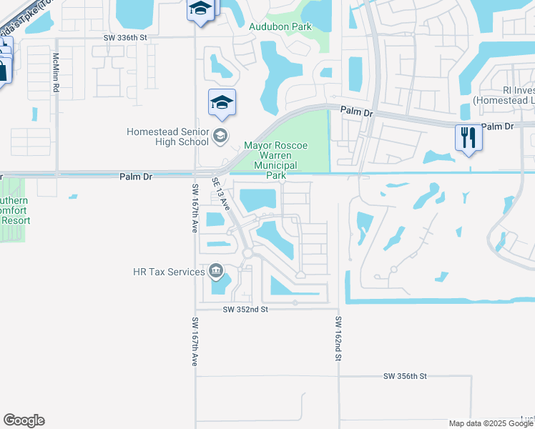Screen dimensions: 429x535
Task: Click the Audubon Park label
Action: point(280,26)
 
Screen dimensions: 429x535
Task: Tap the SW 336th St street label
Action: point(124,38)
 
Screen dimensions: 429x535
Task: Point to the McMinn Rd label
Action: point(55,71)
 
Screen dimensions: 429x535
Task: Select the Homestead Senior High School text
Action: point(167,137)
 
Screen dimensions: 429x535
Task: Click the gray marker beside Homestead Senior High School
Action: point(221,134)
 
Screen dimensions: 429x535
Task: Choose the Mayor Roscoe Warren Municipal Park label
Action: point(276,160)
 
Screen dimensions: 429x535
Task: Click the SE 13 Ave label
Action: point(221,193)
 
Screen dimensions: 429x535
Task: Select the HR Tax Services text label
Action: point(168,272)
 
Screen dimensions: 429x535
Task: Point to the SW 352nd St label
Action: point(245,310)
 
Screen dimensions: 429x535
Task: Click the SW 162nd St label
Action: point(337,339)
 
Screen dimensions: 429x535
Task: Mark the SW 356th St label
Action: point(405,376)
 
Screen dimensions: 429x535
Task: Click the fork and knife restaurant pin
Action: point(468,137)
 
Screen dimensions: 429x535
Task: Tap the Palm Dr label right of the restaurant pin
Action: point(498,127)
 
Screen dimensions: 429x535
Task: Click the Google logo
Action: point(24,420)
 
